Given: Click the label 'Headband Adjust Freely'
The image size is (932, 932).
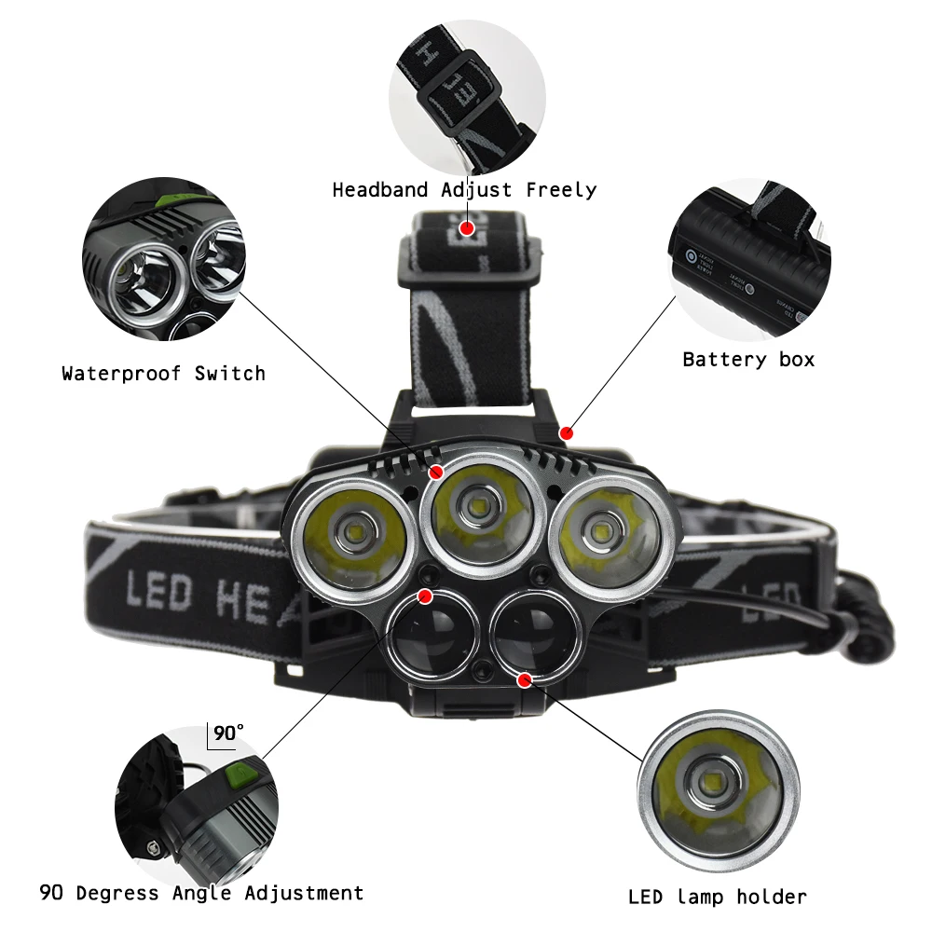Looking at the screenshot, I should point(464,190).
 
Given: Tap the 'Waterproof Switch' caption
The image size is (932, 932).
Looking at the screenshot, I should point(164,374).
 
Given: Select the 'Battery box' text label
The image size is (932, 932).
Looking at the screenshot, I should point(748,359).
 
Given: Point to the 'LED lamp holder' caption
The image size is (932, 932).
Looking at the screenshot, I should point(717,898).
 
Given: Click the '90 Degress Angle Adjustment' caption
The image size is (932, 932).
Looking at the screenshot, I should point(201,893).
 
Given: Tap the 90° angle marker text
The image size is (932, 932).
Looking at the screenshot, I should point(227,733).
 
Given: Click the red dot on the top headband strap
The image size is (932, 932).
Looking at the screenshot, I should point(467,227).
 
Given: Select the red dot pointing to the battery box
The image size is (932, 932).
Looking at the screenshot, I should point(567,432).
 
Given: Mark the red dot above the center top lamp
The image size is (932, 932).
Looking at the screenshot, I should point(434,473).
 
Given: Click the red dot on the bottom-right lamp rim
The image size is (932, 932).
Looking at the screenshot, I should point(524,680).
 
